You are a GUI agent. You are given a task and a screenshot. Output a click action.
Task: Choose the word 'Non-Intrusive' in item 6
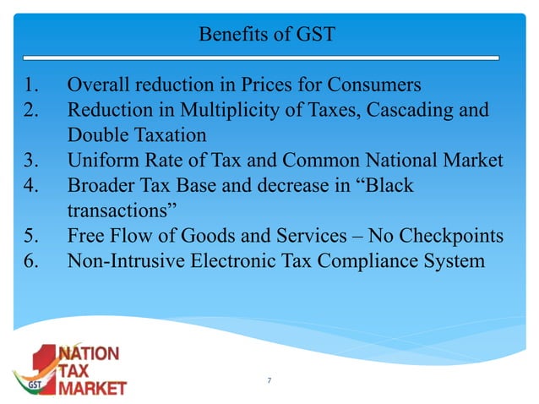click(123, 260)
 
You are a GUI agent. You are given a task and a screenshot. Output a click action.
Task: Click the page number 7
click(269, 382)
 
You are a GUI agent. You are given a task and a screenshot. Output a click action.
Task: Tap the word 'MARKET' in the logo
click(95, 388)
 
